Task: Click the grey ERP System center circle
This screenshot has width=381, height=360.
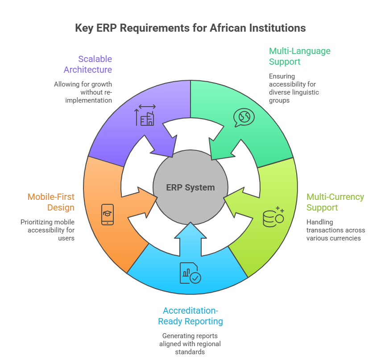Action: [x=190, y=187]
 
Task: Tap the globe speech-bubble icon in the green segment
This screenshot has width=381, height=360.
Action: [x=244, y=117]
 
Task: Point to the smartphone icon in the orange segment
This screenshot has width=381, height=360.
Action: [x=108, y=215]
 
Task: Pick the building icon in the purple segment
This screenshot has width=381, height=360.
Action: [x=146, y=116]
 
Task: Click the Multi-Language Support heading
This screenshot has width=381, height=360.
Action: [x=299, y=56]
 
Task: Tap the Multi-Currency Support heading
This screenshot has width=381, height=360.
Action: [x=335, y=202]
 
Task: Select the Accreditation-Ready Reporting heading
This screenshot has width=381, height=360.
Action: [x=190, y=316]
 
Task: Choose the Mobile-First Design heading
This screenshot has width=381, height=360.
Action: [x=51, y=202]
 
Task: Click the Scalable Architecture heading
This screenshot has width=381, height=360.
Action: [x=88, y=64]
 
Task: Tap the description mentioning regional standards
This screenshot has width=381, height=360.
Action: [x=190, y=343]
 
